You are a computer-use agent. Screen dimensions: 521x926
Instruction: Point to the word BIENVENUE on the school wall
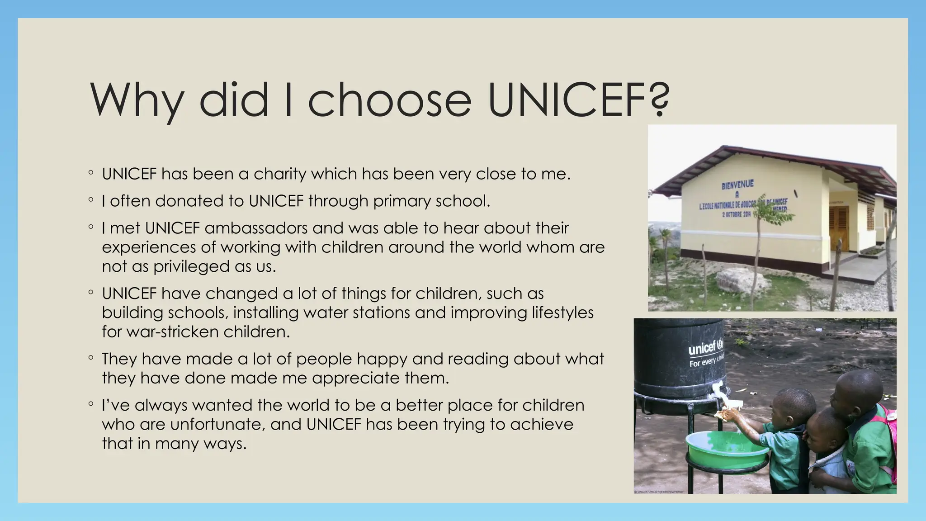(737, 184)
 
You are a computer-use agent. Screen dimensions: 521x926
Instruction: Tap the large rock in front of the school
(742, 279)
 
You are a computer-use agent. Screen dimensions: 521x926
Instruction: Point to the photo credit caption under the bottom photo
(658, 492)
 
